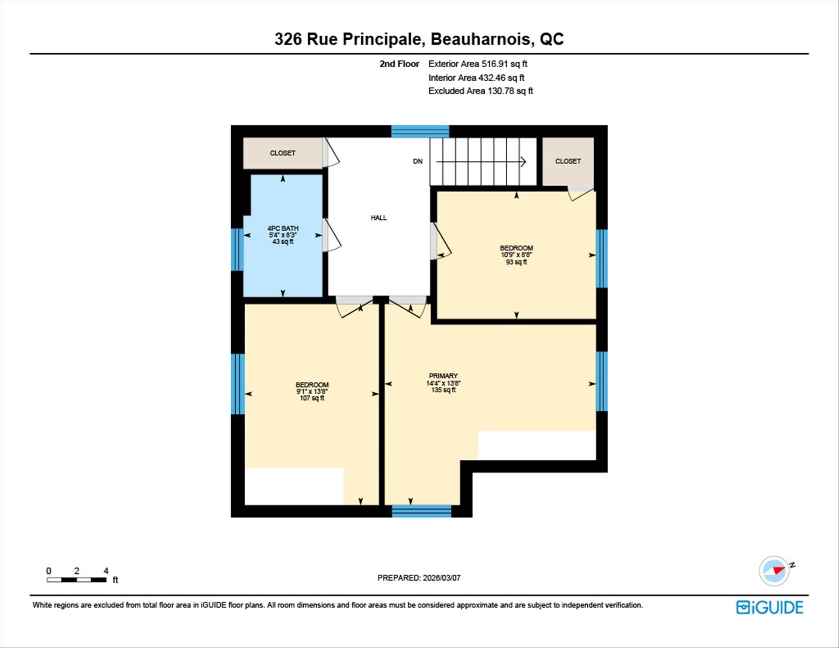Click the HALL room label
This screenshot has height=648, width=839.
point(378,218)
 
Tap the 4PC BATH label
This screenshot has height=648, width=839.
point(283,228)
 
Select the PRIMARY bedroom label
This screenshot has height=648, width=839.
point(443,376)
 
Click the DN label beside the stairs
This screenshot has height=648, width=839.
point(418,161)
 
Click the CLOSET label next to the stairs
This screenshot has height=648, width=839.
point(568,161)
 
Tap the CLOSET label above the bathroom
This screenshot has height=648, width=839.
point(282,153)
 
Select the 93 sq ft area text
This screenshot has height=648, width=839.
point(516,262)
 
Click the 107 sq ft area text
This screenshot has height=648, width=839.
point(312,398)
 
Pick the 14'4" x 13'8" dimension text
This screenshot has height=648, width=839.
point(443,383)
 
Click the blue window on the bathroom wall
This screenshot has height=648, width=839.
point(237,249)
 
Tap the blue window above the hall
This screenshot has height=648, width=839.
point(420,132)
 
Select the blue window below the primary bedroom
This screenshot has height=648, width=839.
point(421,511)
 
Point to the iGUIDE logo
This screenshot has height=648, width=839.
point(770,607)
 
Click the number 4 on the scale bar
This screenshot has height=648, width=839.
point(106,571)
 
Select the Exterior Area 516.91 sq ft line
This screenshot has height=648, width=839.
point(478,64)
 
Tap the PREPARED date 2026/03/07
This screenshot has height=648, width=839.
point(441,578)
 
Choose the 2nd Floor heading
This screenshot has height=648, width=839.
point(399,64)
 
